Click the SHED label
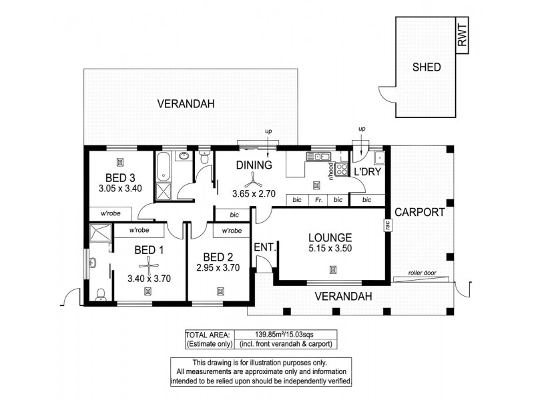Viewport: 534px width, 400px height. click(x=427, y=67)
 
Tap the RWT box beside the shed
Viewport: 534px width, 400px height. click(x=463, y=35)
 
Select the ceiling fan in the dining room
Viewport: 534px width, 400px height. click(x=252, y=179)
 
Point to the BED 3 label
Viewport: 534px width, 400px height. click(x=120, y=177)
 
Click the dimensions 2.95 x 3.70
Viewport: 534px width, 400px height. click(x=218, y=268)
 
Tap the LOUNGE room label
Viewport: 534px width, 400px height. click(x=330, y=237)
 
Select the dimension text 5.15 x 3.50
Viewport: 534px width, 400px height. click(x=330, y=249)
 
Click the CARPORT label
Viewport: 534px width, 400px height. click(x=420, y=213)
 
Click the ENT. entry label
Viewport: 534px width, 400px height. click(x=264, y=247)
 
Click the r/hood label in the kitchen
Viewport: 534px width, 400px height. click(x=330, y=171)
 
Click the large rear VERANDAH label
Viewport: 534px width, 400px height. click(x=185, y=104)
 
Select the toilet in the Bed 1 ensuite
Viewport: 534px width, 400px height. click(x=101, y=294)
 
